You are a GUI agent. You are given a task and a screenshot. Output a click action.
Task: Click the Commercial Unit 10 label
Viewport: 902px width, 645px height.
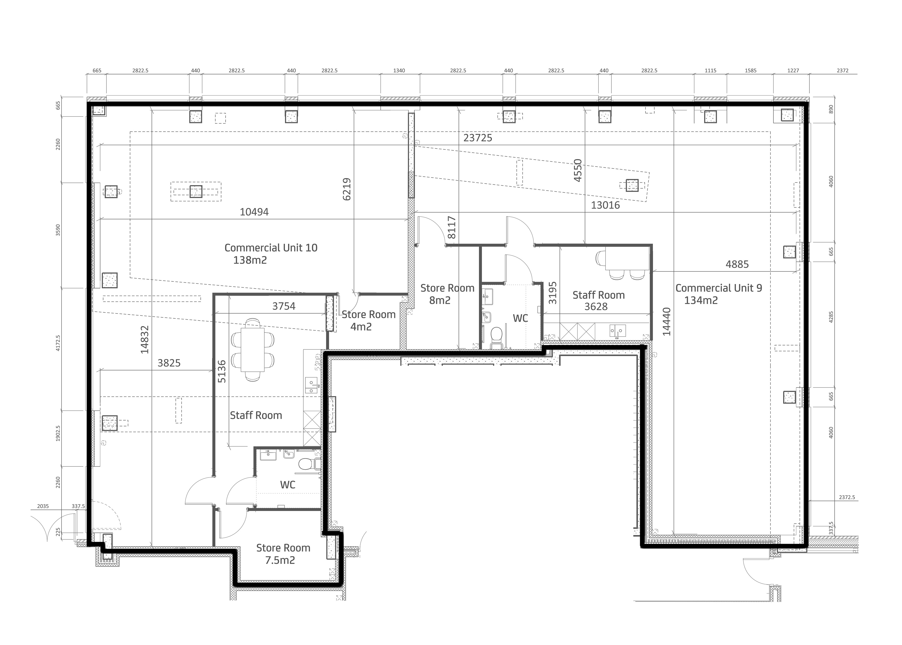click(271, 254)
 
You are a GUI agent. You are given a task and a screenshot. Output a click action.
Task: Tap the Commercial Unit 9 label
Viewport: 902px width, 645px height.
click(719, 294)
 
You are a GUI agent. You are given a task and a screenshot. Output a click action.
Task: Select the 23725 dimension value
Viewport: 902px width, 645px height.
click(478, 138)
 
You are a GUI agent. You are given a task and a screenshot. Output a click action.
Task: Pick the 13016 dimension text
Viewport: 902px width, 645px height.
click(605, 205)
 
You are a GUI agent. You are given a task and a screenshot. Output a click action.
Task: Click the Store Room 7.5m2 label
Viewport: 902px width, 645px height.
click(283, 554)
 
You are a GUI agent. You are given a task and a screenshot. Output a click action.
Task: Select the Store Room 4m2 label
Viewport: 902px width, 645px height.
click(368, 321)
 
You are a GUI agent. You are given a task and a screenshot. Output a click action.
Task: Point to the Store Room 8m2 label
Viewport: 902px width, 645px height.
click(447, 294)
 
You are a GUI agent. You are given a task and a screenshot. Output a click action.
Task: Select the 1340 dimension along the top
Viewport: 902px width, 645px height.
click(399, 71)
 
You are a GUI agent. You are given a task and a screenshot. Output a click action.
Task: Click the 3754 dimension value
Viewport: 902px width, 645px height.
click(284, 306)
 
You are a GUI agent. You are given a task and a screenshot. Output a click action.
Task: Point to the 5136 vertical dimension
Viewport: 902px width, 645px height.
click(222, 371)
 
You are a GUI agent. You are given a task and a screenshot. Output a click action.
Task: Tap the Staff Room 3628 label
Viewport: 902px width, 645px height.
click(598, 301)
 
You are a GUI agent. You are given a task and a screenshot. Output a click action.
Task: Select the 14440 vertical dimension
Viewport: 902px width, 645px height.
click(667, 322)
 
